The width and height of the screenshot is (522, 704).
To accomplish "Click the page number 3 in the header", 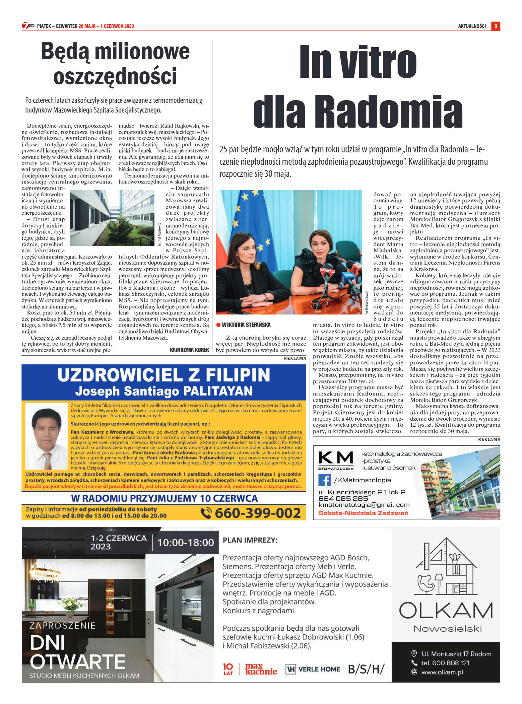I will click(x=496, y=26).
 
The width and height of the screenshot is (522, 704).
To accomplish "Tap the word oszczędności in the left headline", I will click(x=115, y=76).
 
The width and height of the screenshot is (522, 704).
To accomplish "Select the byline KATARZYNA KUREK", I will click(x=189, y=350).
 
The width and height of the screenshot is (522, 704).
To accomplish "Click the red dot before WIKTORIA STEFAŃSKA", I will click(x=218, y=325).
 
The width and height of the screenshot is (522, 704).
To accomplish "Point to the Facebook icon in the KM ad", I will click(x=324, y=480).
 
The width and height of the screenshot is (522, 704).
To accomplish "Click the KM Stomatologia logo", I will click(x=336, y=460).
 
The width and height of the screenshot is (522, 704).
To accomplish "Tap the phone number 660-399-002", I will click(x=257, y=513).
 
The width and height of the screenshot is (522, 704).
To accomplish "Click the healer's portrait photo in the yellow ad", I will click(x=47, y=436).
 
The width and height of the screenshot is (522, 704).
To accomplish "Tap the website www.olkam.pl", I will click(x=442, y=672).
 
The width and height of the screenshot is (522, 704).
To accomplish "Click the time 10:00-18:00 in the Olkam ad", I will click(x=186, y=542).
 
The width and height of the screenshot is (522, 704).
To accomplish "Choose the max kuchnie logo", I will click(x=261, y=669).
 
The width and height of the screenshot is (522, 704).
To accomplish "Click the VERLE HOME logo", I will click(x=313, y=669).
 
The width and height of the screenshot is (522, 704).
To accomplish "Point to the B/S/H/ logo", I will click(x=366, y=669).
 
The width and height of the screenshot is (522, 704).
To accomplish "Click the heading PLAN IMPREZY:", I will click(x=250, y=540).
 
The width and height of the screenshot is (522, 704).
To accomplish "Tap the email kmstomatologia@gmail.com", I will click(x=364, y=505).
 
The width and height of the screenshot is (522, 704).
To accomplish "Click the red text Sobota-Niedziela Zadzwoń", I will click(x=363, y=513).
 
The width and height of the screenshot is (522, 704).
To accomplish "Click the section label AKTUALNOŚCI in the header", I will click(x=472, y=26).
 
